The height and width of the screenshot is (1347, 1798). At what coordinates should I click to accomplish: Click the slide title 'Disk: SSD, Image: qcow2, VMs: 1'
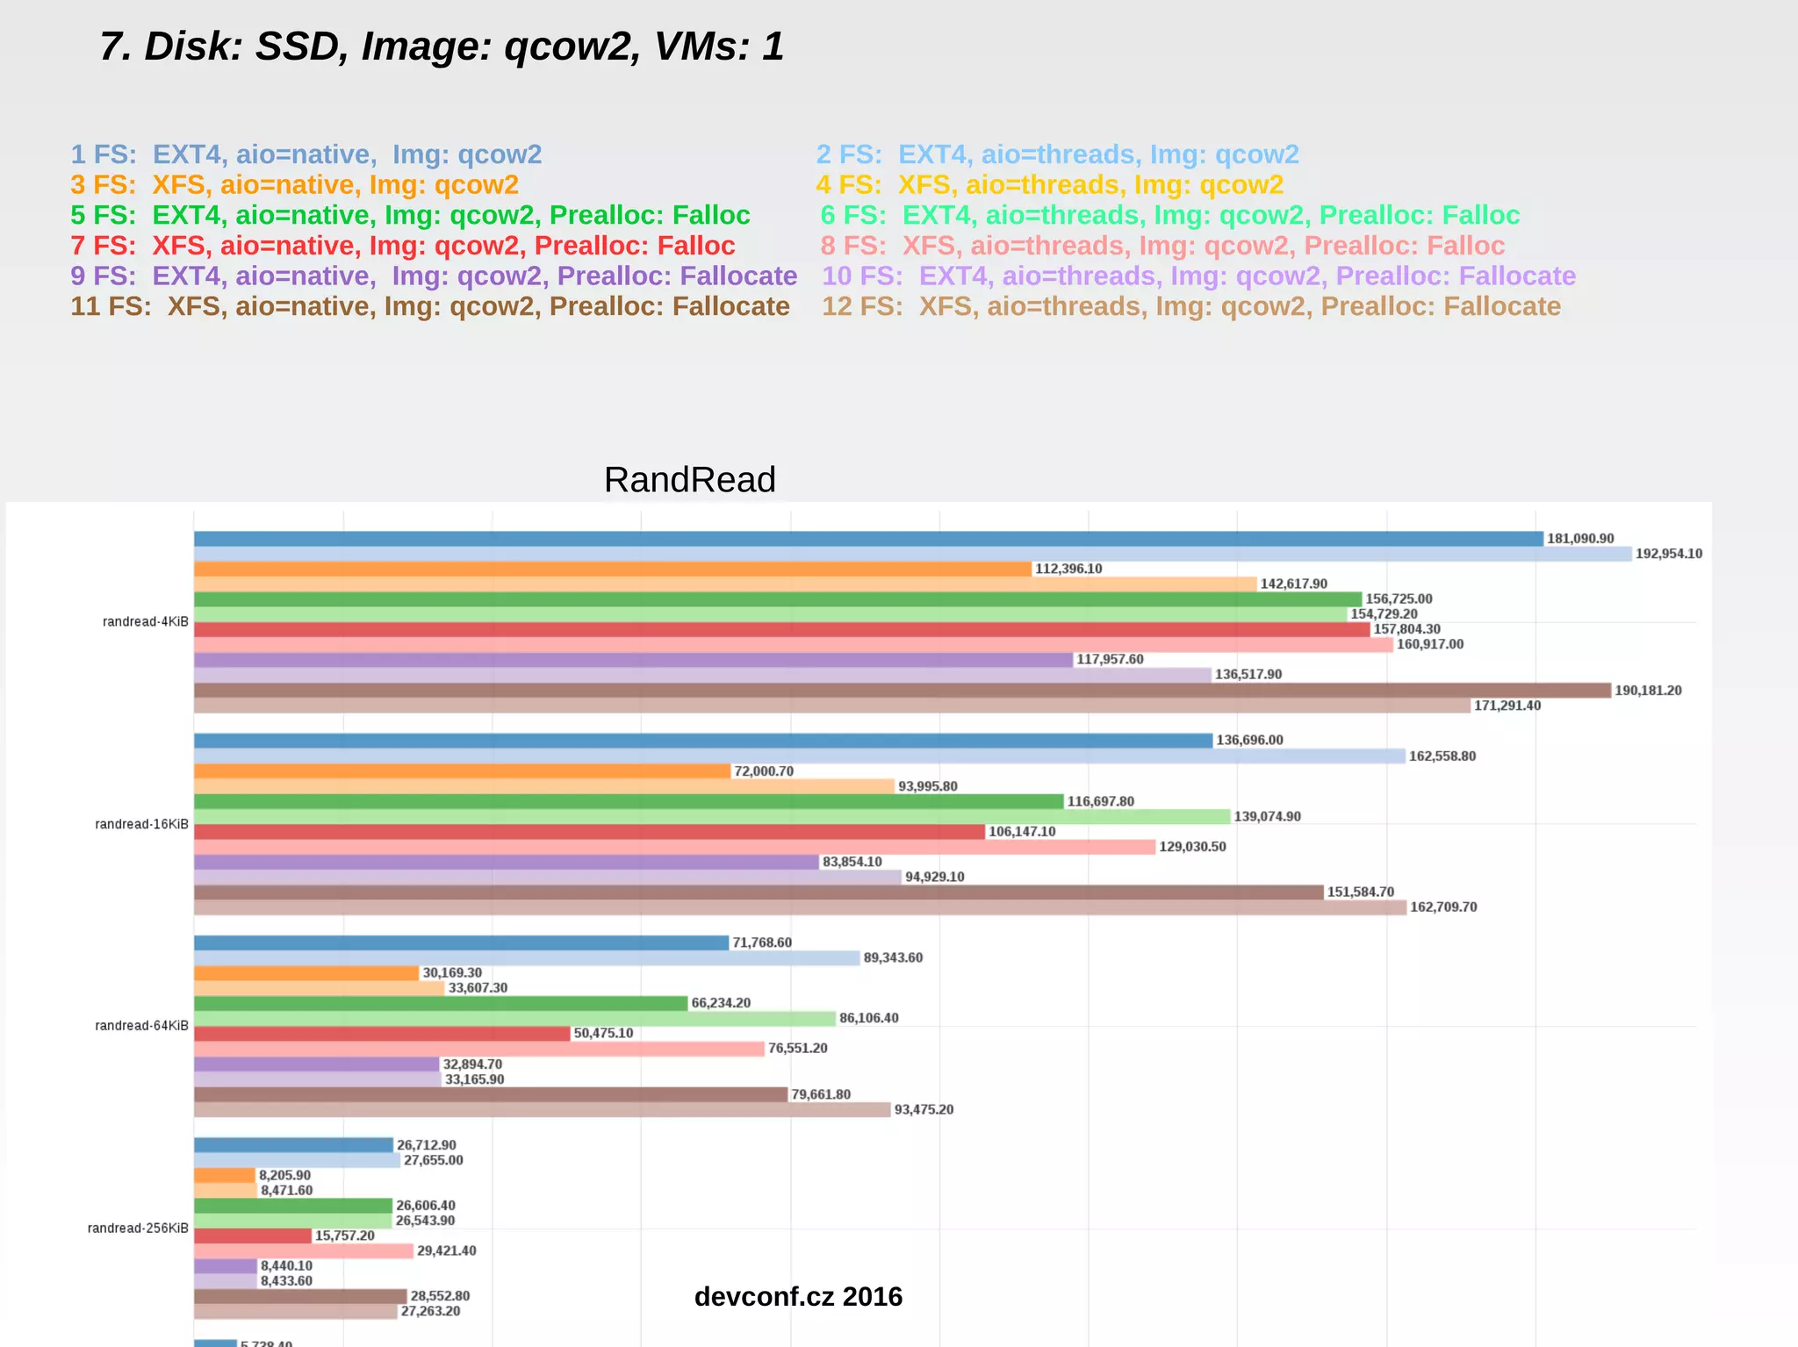[x=442, y=47]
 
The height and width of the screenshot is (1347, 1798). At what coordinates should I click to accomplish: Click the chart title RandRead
[x=689, y=480]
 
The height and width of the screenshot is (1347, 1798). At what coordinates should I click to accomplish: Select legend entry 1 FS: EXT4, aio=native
[x=306, y=154]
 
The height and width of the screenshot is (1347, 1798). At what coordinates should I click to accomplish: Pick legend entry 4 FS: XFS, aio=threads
[x=1049, y=185]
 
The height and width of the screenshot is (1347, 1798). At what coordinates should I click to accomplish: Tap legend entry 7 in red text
[x=403, y=246]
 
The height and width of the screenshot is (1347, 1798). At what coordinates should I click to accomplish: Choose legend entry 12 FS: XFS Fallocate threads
[x=1190, y=306]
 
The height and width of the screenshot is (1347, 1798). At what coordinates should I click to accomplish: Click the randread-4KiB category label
[x=145, y=622]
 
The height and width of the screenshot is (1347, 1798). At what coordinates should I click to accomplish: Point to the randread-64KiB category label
[x=141, y=1026]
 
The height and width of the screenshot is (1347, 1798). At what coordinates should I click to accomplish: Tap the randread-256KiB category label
[x=138, y=1229]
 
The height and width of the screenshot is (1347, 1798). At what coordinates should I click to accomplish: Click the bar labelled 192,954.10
[x=912, y=555]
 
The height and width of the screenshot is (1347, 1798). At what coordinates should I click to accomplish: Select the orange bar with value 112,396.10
[x=612, y=570]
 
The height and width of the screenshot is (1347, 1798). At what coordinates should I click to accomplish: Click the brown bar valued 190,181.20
[x=902, y=691]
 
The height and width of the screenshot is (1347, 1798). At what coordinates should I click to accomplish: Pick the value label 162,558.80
[x=1442, y=756]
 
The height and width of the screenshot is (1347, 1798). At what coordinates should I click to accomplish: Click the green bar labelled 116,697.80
[x=628, y=802]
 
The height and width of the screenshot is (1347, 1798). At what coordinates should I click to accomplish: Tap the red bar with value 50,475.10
[x=382, y=1034]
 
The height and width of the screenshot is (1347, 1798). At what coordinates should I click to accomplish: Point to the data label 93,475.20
[x=924, y=1110]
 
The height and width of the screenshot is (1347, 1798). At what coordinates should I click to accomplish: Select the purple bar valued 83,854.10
[x=506, y=863]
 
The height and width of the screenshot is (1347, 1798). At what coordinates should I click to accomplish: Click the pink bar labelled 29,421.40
[x=303, y=1251]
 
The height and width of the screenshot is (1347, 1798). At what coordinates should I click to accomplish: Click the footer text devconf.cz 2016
[x=798, y=1297]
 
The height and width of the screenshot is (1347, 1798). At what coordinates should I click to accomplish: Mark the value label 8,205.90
[x=284, y=1176]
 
